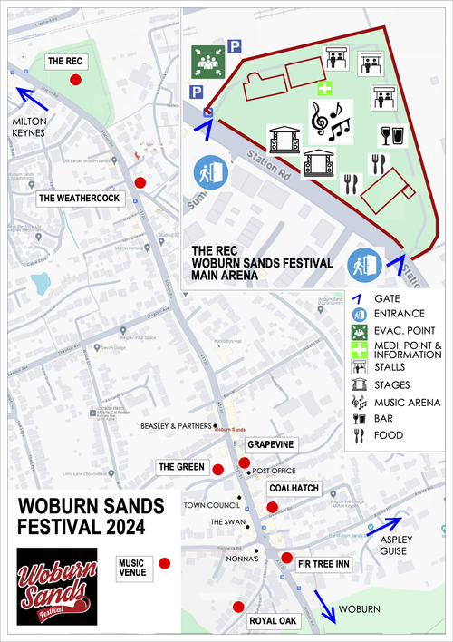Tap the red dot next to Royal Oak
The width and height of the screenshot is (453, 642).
238,607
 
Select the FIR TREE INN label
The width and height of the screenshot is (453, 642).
323,564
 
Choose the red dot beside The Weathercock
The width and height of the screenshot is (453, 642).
140,182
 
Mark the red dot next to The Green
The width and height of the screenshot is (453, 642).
217,469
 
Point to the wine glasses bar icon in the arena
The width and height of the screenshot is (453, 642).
392,135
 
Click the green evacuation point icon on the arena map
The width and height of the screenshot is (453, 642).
207,62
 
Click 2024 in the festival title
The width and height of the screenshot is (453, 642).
130,527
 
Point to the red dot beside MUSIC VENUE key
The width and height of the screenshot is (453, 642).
165,564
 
